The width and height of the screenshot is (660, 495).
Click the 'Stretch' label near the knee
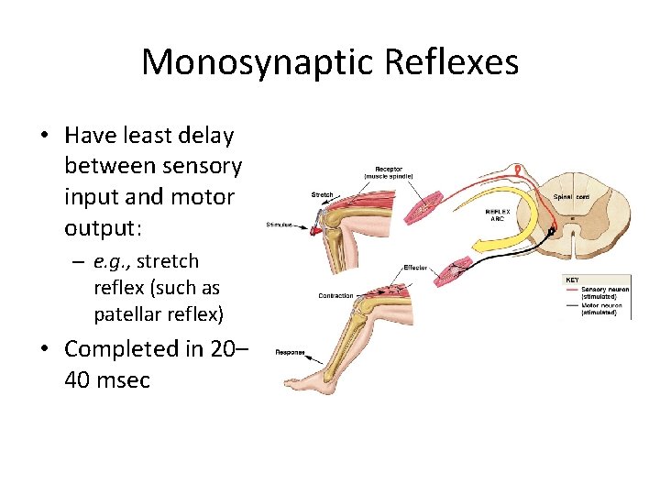(x=322, y=194)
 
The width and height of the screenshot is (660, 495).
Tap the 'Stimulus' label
(x=280, y=225)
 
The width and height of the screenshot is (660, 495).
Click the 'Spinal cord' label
(x=572, y=197)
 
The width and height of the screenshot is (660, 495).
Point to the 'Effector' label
(x=415, y=268)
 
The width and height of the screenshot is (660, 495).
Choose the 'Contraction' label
(x=335, y=296)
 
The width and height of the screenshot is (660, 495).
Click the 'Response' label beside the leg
(x=291, y=351)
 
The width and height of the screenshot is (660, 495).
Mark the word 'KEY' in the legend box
(x=571, y=279)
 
